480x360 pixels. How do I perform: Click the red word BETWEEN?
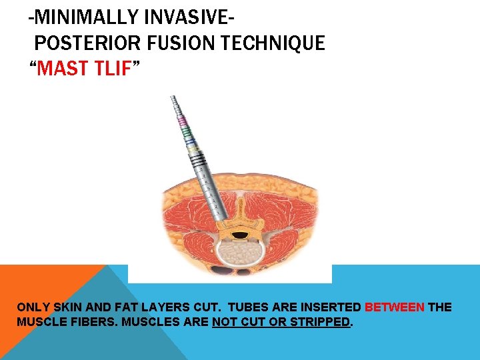[x=395, y=307]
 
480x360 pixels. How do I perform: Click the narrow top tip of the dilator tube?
[x=174, y=100]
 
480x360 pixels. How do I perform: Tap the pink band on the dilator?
[x=181, y=123]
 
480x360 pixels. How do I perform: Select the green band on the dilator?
[x=185, y=132]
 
